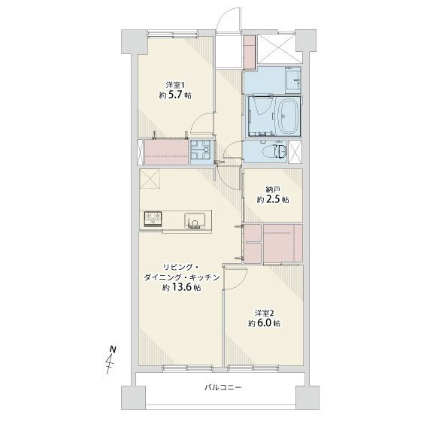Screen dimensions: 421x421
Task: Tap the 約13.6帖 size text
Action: [x=180, y=289]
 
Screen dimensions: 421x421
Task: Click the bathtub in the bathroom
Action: [x=288, y=117]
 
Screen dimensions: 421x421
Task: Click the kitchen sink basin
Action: [x=195, y=220]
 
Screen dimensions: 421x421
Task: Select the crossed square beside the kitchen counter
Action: [x=150, y=181]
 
